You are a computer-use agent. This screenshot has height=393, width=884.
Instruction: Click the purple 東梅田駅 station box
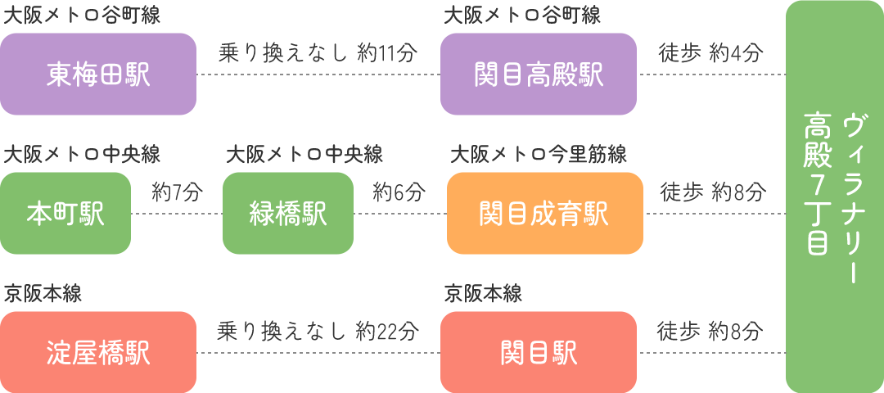tap(98, 75)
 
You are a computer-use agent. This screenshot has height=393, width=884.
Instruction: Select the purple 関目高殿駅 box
tap(539, 75)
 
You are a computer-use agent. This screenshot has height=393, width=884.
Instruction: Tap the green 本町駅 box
tap(65, 214)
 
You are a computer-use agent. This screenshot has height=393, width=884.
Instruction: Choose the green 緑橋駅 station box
tap(288, 214)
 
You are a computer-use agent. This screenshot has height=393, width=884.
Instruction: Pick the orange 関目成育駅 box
tap(544, 214)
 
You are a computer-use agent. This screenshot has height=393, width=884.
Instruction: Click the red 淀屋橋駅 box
tap(98, 353)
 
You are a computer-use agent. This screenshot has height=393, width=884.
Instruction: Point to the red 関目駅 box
tap(539, 353)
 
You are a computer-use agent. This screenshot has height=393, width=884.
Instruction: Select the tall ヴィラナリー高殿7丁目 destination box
tap(833, 197)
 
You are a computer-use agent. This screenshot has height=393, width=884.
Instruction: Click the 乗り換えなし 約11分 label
tap(318, 54)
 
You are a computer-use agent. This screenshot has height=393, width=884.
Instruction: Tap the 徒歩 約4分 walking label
tap(710, 54)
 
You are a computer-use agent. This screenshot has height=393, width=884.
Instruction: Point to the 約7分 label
tap(177, 193)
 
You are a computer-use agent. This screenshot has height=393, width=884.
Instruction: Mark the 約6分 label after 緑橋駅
tap(399, 193)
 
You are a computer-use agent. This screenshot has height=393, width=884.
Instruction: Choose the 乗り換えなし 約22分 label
tap(318, 332)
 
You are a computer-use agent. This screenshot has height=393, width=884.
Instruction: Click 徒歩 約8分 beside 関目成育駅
tap(713, 193)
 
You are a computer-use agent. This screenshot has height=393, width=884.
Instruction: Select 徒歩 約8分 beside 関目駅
tap(710, 332)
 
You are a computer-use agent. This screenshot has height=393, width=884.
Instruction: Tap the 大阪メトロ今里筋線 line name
tap(539, 154)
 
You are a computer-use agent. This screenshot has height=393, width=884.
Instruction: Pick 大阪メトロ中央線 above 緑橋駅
tap(304, 154)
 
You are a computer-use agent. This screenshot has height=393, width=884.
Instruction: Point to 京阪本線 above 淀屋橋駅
tap(43, 293)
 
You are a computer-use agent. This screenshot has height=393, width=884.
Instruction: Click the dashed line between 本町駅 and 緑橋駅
tap(177, 214)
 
